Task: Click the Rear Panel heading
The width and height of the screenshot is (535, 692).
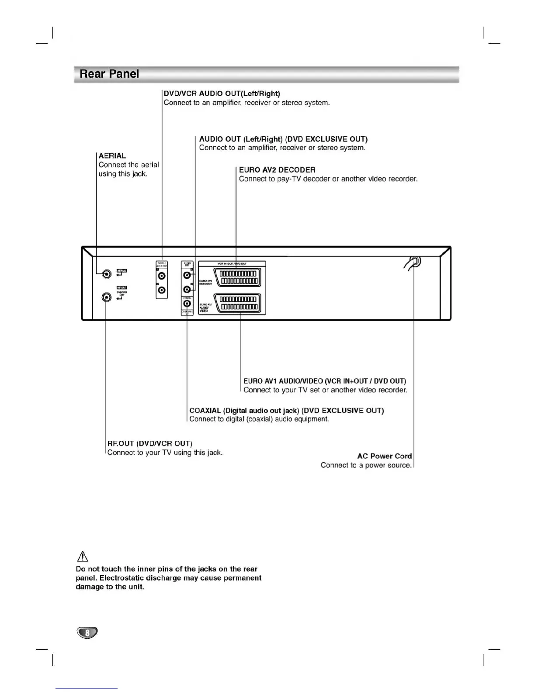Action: tap(109, 74)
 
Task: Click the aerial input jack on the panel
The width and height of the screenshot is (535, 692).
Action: tap(106, 274)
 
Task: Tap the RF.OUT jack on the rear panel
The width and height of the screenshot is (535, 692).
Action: tap(106, 298)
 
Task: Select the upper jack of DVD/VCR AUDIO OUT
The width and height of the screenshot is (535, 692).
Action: tap(162, 276)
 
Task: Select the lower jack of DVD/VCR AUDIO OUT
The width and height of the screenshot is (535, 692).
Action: tap(162, 290)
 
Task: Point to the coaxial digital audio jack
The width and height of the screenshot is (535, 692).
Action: tap(187, 303)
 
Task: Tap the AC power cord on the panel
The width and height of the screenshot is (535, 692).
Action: tap(413, 263)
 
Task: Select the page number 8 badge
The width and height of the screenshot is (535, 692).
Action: tap(87, 633)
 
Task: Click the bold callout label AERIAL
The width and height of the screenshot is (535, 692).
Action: tap(112, 156)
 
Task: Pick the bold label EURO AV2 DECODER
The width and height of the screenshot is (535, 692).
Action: tap(277, 170)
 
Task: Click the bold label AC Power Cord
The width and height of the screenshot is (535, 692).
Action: tap(384, 456)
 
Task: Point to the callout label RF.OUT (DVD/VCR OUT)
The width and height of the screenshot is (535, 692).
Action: tap(149, 443)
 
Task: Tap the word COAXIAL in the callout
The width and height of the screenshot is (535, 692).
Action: tap(205, 411)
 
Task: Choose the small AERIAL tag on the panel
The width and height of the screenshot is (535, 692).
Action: tap(122, 271)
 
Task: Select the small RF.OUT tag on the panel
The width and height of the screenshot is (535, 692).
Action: tap(122, 287)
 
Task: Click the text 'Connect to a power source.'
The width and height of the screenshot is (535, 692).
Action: tap(366, 465)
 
